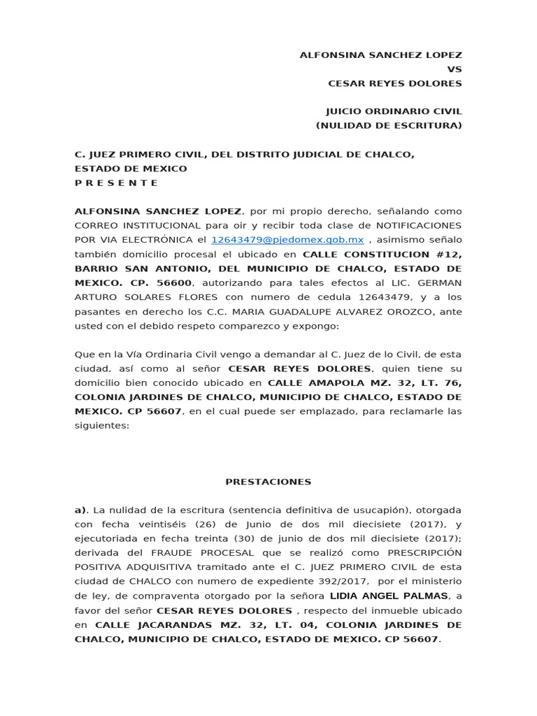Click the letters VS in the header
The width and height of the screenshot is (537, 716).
(454, 69)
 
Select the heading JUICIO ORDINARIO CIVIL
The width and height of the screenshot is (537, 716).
(394, 111)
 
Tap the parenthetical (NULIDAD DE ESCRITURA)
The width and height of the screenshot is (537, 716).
(389, 126)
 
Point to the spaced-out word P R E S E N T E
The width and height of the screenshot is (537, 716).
(116, 183)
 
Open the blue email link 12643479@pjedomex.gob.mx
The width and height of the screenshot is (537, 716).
(287, 240)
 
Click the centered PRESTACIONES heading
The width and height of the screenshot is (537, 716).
(268, 482)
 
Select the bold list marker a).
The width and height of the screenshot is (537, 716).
(83, 510)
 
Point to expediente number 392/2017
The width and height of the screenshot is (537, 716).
(352, 582)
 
